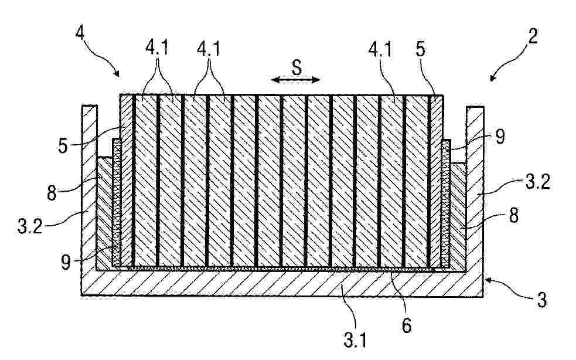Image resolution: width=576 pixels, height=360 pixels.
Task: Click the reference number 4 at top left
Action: (x=80, y=33)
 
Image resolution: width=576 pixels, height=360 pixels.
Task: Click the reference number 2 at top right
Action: (x=533, y=36)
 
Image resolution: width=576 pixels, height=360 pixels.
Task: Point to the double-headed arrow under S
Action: (x=295, y=79)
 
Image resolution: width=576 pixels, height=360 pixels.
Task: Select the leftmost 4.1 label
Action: (x=157, y=47)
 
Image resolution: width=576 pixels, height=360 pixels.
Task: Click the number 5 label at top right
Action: (x=421, y=49)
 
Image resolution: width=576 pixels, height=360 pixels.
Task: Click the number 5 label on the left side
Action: (x=63, y=146)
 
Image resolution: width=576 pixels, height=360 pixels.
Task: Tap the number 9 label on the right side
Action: (x=500, y=137)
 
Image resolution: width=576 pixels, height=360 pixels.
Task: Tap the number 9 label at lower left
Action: (x=66, y=263)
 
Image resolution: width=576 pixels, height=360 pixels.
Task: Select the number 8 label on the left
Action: (x=52, y=193)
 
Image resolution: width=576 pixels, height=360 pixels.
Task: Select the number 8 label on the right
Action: (x=513, y=216)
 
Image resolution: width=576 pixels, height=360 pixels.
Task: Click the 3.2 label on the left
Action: (x=30, y=226)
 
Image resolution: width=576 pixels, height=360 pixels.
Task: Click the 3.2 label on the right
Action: (x=538, y=182)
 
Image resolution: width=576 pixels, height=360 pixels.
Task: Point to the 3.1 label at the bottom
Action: (x=355, y=340)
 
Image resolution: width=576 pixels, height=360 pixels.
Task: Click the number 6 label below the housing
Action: (x=407, y=325)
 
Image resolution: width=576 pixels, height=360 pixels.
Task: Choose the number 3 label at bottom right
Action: (x=542, y=300)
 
